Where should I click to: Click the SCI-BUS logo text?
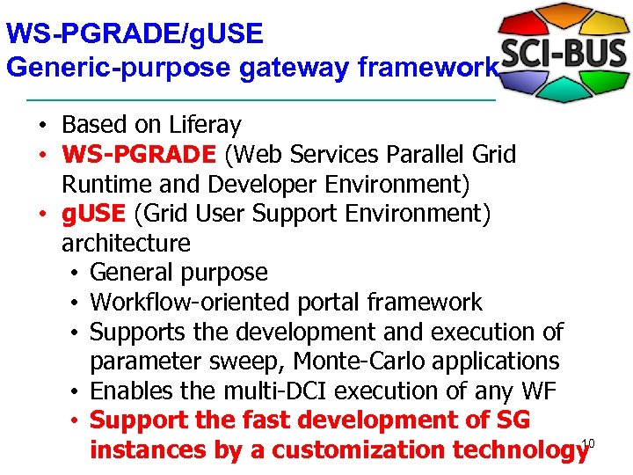[x=563, y=54]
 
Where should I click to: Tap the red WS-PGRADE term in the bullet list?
[x=138, y=156]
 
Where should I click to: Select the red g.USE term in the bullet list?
[x=94, y=214]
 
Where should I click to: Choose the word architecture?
[x=126, y=243]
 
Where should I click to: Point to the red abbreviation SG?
[x=512, y=420]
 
